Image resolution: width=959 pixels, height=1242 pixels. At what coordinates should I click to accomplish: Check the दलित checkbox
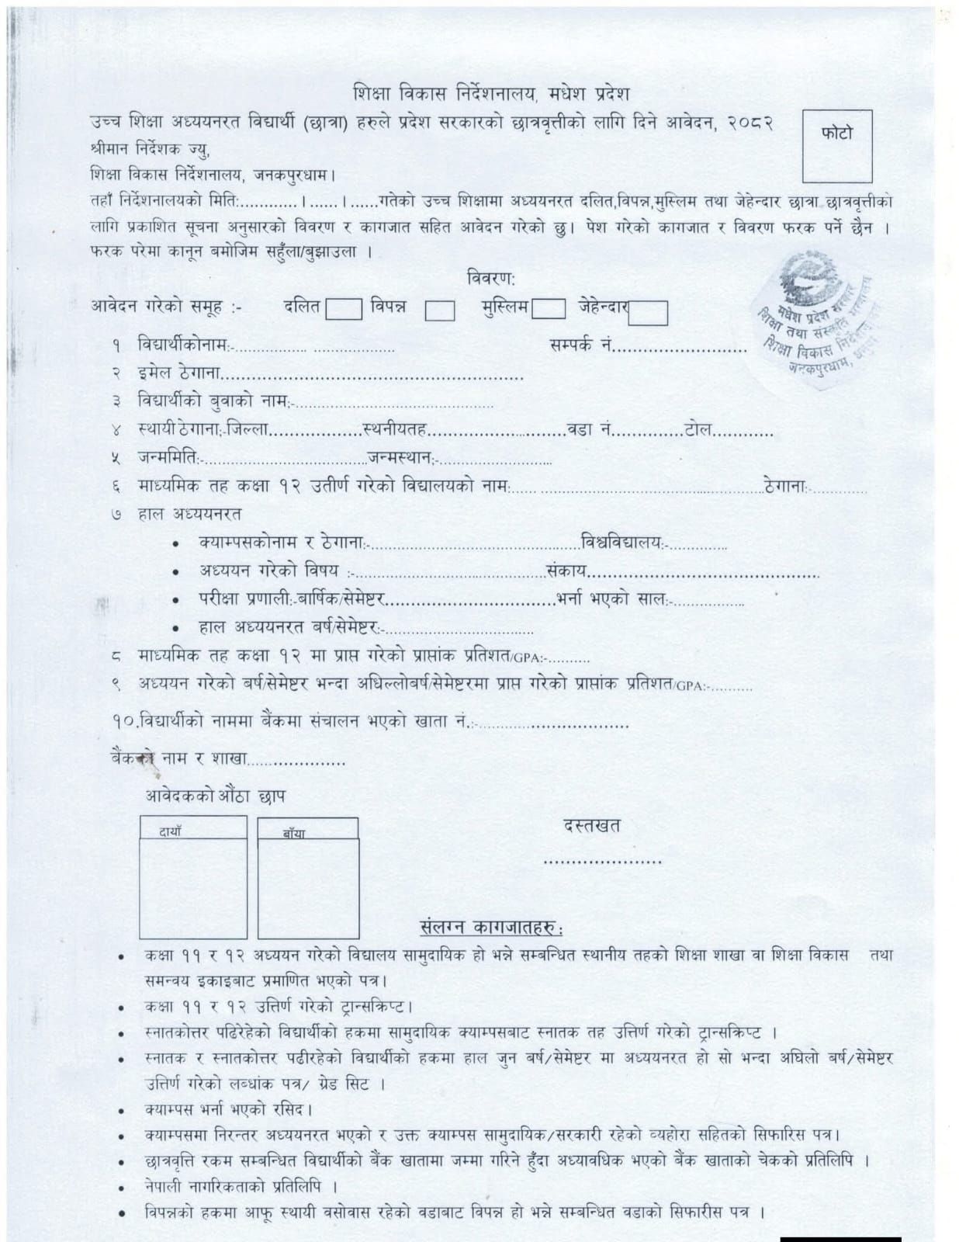(x=343, y=309)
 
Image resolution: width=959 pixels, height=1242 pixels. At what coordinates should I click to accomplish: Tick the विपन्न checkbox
(x=439, y=310)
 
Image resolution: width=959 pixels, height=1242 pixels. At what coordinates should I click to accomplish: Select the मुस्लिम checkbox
(x=548, y=309)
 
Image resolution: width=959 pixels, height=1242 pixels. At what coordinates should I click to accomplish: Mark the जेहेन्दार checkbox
(x=648, y=312)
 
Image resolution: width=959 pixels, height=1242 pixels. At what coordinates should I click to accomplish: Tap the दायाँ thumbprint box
(x=193, y=877)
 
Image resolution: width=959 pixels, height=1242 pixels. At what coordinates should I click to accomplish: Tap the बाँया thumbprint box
(x=308, y=878)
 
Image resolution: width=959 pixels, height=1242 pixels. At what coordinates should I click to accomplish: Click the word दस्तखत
(x=592, y=826)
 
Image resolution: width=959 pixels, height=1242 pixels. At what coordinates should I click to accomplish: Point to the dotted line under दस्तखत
(x=602, y=862)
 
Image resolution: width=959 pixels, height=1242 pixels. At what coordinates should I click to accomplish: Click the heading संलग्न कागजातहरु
(x=492, y=928)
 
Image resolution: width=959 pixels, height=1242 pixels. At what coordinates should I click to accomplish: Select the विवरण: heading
(x=491, y=277)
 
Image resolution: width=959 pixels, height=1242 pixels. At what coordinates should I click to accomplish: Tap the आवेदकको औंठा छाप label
(x=215, y=796)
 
